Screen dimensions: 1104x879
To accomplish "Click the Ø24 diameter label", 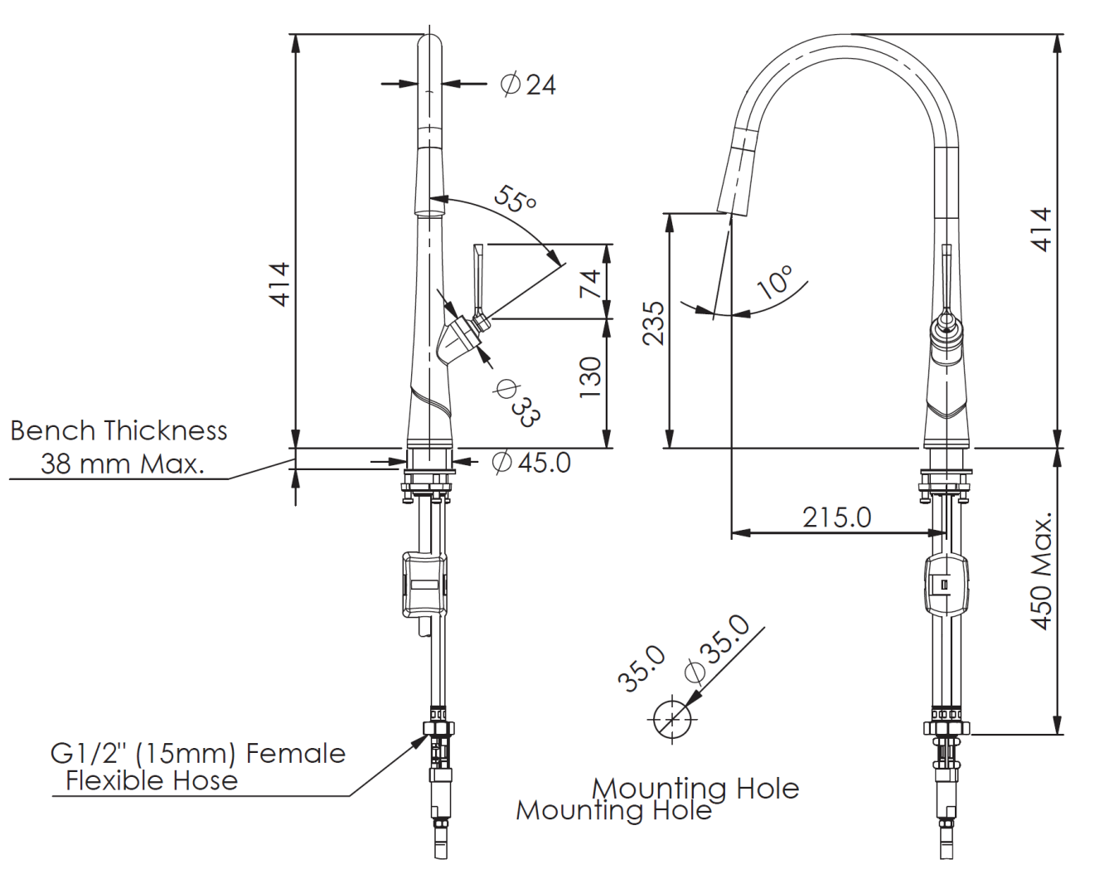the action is pos(528,85).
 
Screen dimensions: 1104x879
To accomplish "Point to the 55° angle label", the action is pos(516,199).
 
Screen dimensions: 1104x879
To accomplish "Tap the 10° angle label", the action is pos(776,281).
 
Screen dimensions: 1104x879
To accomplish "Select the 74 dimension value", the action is pos(590,284).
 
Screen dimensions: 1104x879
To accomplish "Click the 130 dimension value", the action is pos(590,377).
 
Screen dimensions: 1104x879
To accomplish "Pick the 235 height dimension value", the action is pos(653,323).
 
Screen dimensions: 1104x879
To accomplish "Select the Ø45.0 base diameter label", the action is pos(531,462).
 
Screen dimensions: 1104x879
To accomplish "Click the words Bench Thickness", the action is pos(119,430).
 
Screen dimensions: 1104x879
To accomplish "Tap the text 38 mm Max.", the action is pos(123,464).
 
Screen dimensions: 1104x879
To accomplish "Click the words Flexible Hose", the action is pos(152,781).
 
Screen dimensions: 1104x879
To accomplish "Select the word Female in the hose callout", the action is pos(296,754).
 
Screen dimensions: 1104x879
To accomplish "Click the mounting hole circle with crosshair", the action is pos(672,719).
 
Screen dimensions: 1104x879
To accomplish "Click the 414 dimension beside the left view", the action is pos(281,285).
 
